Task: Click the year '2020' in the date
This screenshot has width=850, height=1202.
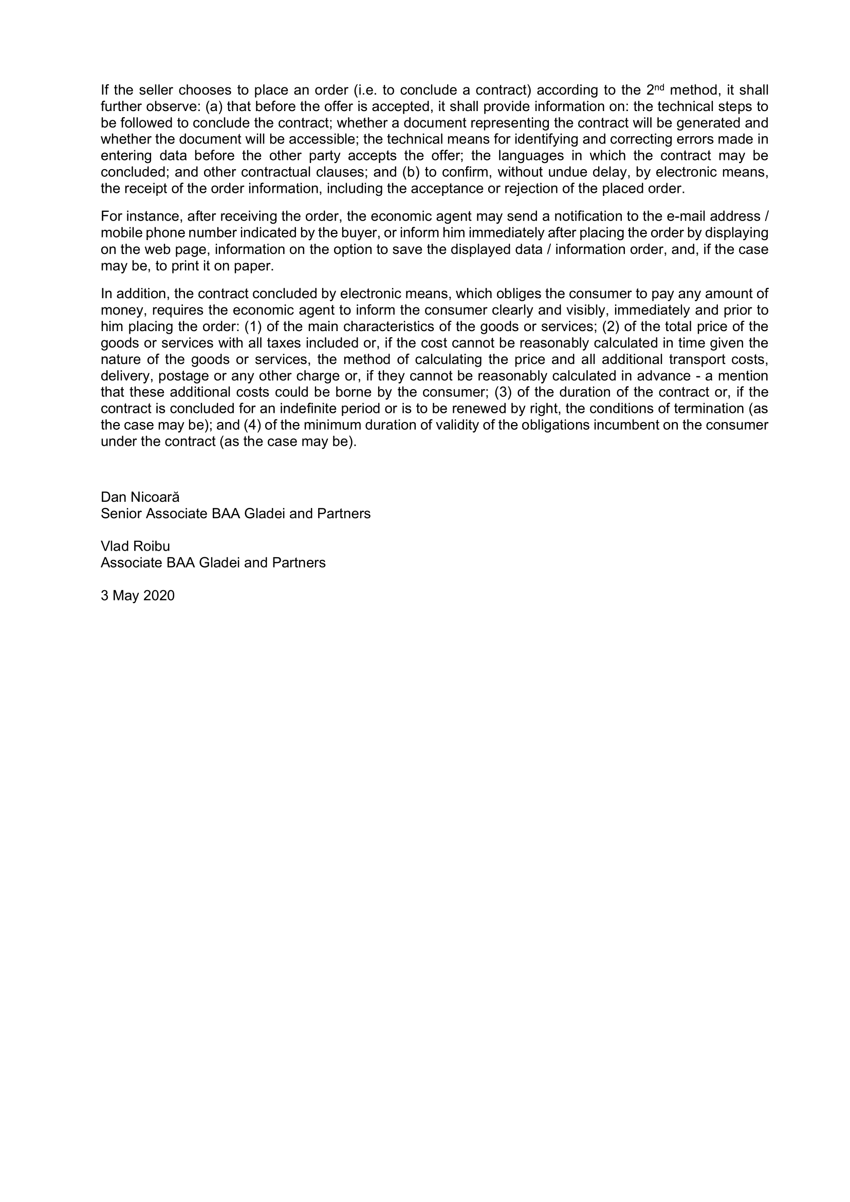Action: coord(159,596)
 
